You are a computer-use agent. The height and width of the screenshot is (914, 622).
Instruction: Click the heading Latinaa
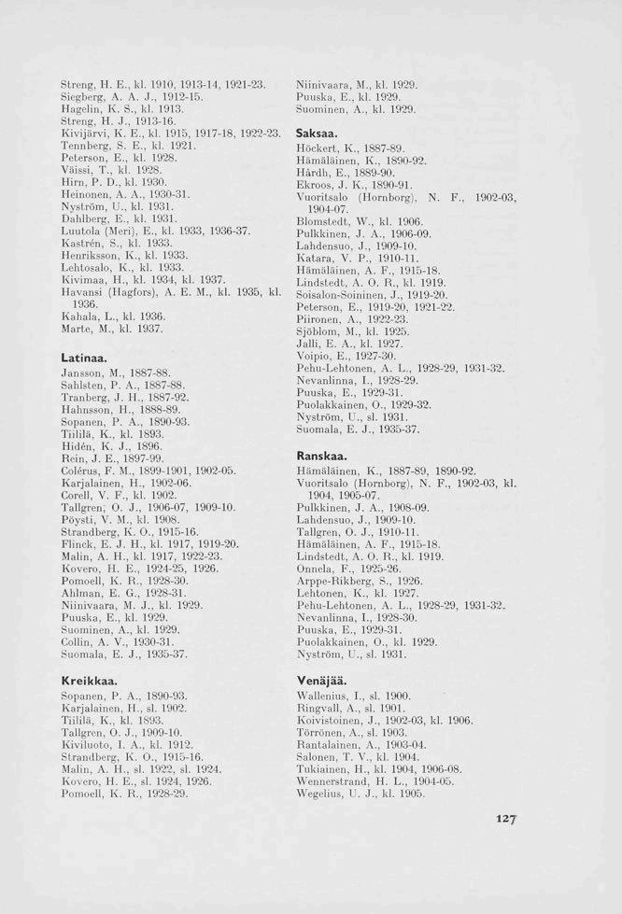83,358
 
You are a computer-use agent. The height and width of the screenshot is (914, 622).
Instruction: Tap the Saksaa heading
316,136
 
